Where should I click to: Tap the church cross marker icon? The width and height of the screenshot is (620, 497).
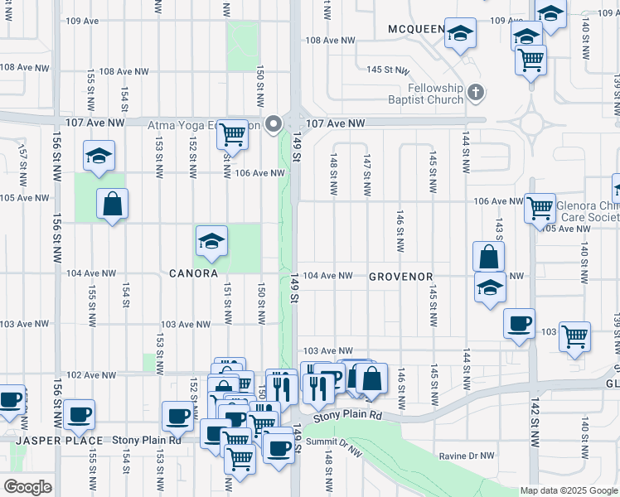tap(476, 92)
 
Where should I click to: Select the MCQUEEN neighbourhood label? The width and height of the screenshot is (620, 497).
tap(415, 30)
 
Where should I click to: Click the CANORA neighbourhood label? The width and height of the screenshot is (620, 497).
tap(193, 273)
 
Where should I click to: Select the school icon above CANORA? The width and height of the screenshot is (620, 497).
tap(211, 241)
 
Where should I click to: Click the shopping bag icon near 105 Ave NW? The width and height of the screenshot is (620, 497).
tap(112, 204)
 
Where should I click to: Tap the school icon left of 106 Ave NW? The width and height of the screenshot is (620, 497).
tap(99, 155)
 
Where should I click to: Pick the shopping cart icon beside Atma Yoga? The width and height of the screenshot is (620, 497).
tap(233, 134)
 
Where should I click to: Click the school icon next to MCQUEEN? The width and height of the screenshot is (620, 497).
tap(460, 34)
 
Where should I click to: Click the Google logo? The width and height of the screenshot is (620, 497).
tap(27, 487)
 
